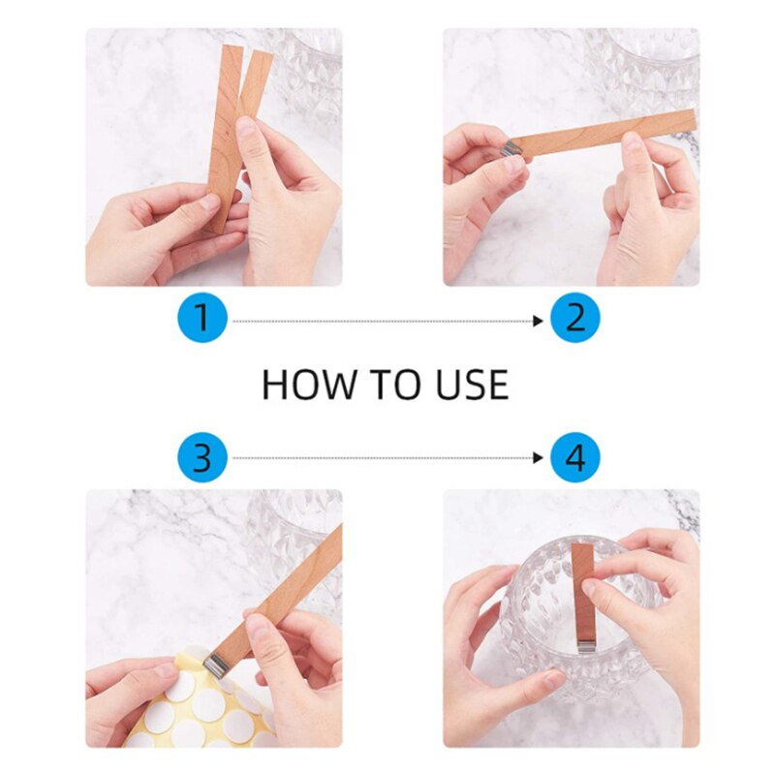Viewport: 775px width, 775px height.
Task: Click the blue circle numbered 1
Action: point(201,319)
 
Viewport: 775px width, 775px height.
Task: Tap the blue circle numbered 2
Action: point(575,319)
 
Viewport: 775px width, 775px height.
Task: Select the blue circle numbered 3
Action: point(201,457)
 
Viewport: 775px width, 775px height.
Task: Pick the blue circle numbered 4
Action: point(575,457)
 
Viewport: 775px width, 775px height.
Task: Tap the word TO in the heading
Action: point(385,386)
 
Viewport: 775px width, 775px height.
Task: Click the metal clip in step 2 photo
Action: point(511,148)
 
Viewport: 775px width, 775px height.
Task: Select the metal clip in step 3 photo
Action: point(218,664)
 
